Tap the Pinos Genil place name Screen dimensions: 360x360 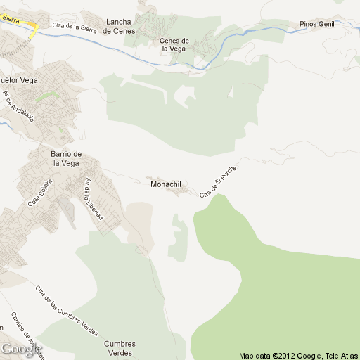[x=316, y=23]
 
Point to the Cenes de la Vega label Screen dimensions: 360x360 [x=174, y=45]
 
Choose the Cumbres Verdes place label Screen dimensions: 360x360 [x=119, y=348]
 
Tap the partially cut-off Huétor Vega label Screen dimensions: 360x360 [x=19, y=80]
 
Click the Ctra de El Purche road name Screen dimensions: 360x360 [x=219, y=181]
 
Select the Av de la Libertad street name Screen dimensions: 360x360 [x=93, y=200]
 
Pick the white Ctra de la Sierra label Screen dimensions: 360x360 [x=74, y=27]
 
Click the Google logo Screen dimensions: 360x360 [x=21, y=349]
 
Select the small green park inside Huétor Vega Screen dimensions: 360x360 [x=46, y=94]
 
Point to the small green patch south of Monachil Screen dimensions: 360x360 [x=179, y=237]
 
